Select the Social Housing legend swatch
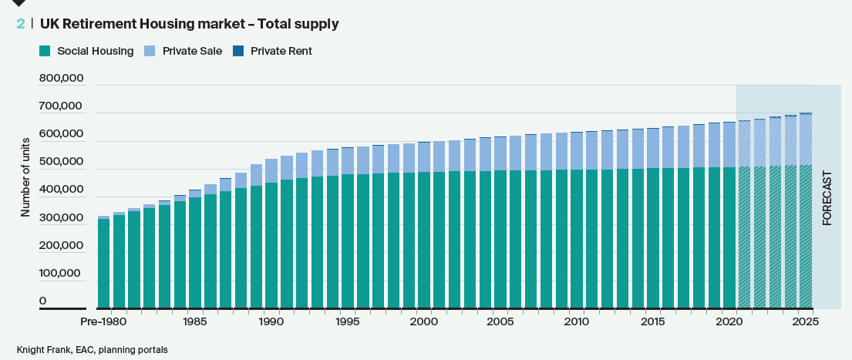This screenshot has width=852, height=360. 44,51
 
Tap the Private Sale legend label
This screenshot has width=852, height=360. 192,51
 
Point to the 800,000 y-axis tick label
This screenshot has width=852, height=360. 61,79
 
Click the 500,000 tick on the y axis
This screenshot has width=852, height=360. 61,162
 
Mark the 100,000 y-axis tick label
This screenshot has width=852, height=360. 61,273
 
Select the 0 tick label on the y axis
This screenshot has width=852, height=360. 43,301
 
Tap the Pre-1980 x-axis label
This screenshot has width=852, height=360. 104,321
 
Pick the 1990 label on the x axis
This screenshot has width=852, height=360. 271,321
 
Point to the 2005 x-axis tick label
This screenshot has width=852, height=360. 500,321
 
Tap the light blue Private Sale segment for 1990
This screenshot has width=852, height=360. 271,171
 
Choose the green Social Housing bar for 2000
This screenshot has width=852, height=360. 424,240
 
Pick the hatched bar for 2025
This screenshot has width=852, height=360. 806,231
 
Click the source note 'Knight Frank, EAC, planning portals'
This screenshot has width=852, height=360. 92,350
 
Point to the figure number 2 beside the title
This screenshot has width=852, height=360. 20,24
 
